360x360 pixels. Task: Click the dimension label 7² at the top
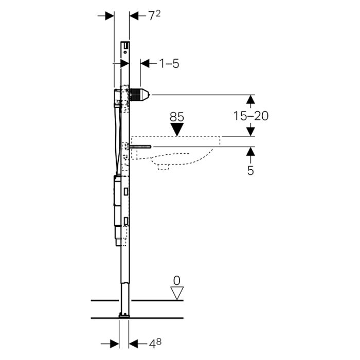(x=154, y=15)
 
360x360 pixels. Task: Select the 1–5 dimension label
(x=169, y=63)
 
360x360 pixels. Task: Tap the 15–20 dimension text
(x=251, y=116)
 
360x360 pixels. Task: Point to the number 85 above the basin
(x=177, y=117)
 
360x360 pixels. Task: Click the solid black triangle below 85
(x=177, y=129)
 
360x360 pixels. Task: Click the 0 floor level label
(x=177, y=281)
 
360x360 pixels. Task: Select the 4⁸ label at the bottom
(x=155, y=344)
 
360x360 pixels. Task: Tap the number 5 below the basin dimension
(x=250, y=171)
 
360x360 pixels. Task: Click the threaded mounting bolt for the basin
(x=140, y=147)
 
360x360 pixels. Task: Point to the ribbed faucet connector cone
(x=140, y=95)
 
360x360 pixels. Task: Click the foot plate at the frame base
(x=124, y=316)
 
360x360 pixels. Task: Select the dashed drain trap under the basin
(x=164, y=167)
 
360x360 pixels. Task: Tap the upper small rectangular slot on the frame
(x=126, y=191)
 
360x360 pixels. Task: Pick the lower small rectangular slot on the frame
(x=126, y=221)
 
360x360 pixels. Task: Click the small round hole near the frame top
(x=125, y=52)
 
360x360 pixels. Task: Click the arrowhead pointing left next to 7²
(x=134, y=16)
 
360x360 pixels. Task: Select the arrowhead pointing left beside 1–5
(x=145, y=63)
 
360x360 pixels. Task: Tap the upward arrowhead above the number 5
(x=250, y=152)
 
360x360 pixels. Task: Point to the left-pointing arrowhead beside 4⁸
(x=133, y=344)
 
